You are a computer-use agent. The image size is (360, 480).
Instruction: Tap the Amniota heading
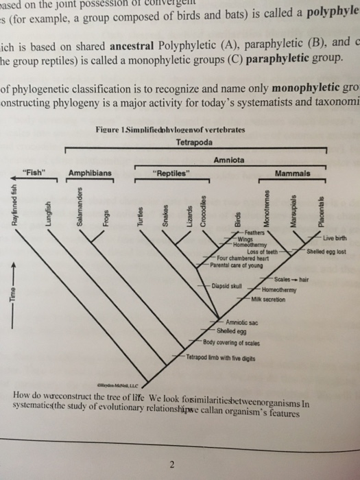tap(230, 159)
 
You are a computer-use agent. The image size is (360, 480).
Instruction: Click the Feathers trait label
tap(243, 234)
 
